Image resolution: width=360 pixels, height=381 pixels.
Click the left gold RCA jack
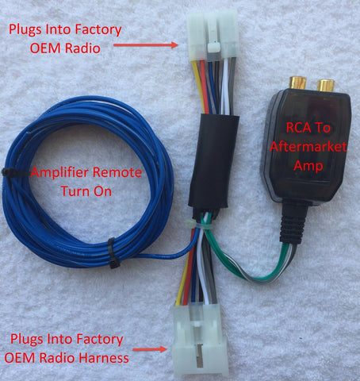[297, 83]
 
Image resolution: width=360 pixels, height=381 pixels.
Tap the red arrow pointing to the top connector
[146, 45]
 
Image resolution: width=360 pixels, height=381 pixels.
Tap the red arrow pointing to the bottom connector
[150, 349]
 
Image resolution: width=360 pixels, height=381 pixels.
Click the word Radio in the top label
[82, 48]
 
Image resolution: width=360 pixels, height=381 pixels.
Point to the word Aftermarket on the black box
[308, 147]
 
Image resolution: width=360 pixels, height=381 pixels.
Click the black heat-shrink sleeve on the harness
[213, 161]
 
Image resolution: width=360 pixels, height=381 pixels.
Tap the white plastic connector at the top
[213, 37]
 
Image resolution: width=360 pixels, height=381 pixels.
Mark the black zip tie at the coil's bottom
[114, 253]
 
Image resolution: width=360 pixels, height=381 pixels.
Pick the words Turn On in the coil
[86, 191]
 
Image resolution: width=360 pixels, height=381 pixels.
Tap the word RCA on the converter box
[299, 128]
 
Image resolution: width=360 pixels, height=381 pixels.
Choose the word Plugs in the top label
[26, 30]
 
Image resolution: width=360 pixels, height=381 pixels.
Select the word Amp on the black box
[308, 166]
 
